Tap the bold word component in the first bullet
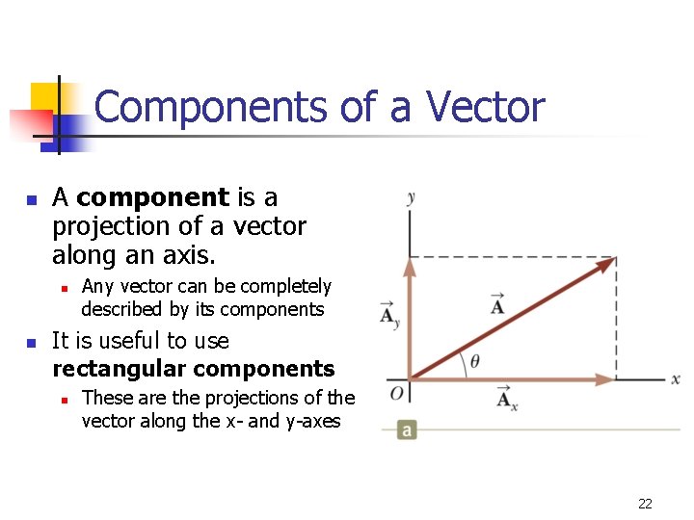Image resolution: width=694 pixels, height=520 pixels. (x=152, y=198)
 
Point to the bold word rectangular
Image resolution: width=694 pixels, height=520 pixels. (x=119, y=369)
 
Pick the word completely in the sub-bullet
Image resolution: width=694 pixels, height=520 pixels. (x=285, y=286)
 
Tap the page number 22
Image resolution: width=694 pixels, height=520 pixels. (x=645, y=503)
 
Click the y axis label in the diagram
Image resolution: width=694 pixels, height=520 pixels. (x=411, y=197)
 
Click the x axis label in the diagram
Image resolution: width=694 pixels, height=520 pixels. (x=676, y=379)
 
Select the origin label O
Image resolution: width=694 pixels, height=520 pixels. (x=396, y=393)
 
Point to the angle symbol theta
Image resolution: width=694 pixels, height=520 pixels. (x=474, y=362)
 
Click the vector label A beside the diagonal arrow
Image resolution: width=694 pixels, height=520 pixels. (x=497, y=304)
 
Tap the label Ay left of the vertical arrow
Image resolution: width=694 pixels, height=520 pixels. (x=387, y=315)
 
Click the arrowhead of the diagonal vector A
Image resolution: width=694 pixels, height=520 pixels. (x=606, y=263)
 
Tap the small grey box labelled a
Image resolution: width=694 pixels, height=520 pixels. (x=408, y=429)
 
